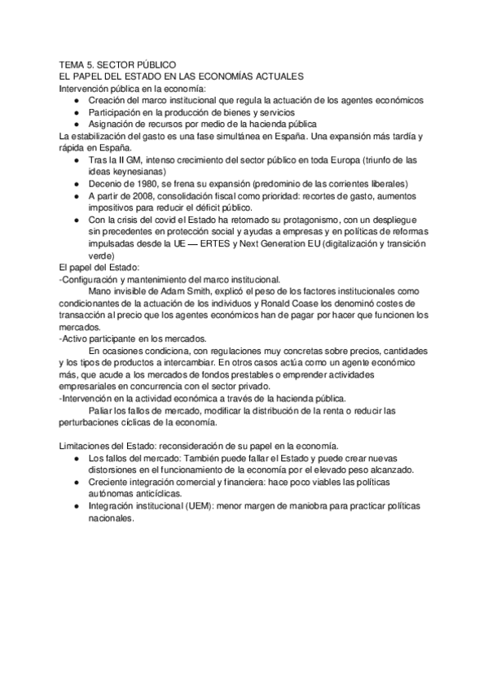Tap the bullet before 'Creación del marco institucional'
76,99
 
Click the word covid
172,219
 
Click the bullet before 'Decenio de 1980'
76,184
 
